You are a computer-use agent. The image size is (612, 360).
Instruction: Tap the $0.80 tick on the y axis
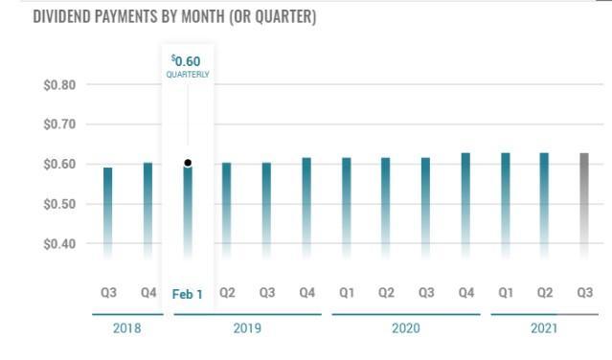pos(59,85)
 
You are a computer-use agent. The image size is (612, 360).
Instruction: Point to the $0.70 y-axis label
pos(59,124)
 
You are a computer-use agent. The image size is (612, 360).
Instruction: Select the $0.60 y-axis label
pos(59,165)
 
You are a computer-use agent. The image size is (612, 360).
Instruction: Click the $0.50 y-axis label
pos(59,204)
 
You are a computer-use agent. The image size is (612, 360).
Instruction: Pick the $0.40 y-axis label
pos(59,243)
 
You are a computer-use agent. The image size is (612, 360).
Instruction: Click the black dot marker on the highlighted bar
pos(188,163)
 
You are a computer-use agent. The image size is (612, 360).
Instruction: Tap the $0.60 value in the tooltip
pos(187,61)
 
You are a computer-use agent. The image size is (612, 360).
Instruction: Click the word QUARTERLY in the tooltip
pos(188,75)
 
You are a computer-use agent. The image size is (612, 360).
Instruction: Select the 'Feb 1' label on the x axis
pos(188,294)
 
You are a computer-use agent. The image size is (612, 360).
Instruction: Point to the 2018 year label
pos(126,328)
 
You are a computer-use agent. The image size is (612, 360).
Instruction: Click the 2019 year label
pos(247,328)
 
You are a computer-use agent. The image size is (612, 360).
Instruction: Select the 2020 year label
pos(406,328)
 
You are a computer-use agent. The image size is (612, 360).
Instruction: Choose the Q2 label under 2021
pos(545,293)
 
